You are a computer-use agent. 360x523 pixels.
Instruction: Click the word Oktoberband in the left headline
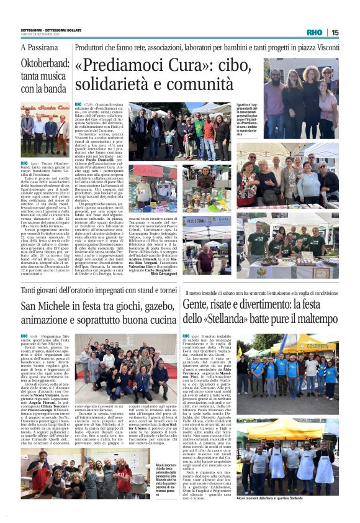click(x=43, y=64)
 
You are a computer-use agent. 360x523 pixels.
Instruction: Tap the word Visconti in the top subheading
click(x=325, y=48)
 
